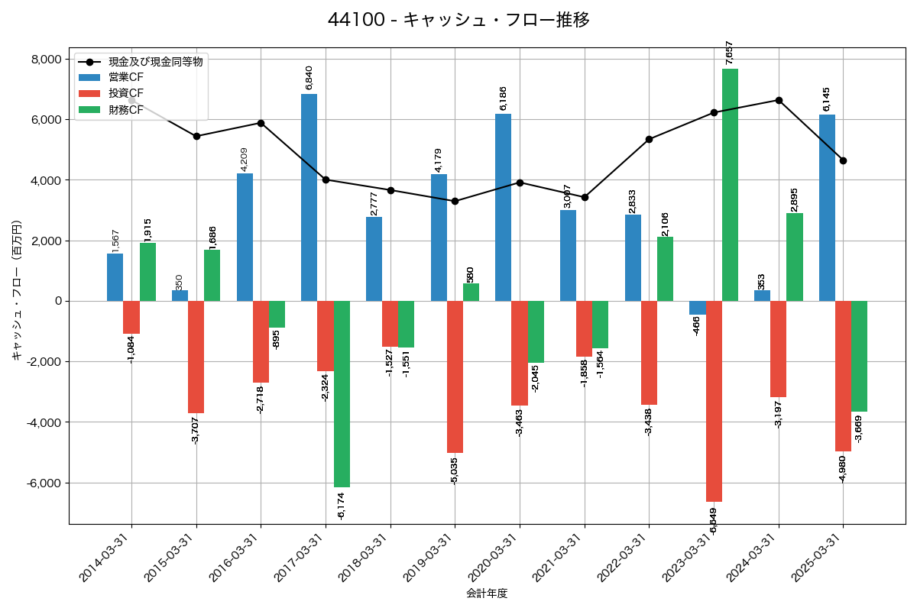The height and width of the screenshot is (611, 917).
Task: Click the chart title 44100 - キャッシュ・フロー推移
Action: [x=458, y=20]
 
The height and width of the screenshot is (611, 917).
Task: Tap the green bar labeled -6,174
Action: [x=342, y=393]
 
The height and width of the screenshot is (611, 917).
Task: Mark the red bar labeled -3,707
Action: [x=196, y=357]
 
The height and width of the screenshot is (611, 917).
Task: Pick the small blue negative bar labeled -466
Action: [x=698, y=308]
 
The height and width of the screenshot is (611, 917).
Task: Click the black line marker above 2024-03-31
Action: [x=779, y=100]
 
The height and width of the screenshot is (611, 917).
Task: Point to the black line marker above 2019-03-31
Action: [x=455, y=201]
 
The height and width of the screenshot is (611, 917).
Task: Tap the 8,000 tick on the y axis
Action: [x=45, y=60]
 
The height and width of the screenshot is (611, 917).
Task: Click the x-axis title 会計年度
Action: [x=487, y=593]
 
